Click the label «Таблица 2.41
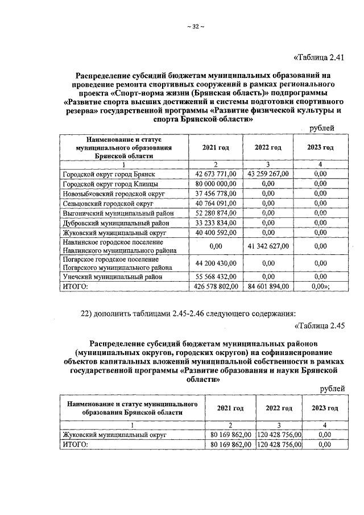pyautogui.click(x=318, y=57)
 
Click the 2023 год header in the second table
pyautogui.click(x=325, y=408)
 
